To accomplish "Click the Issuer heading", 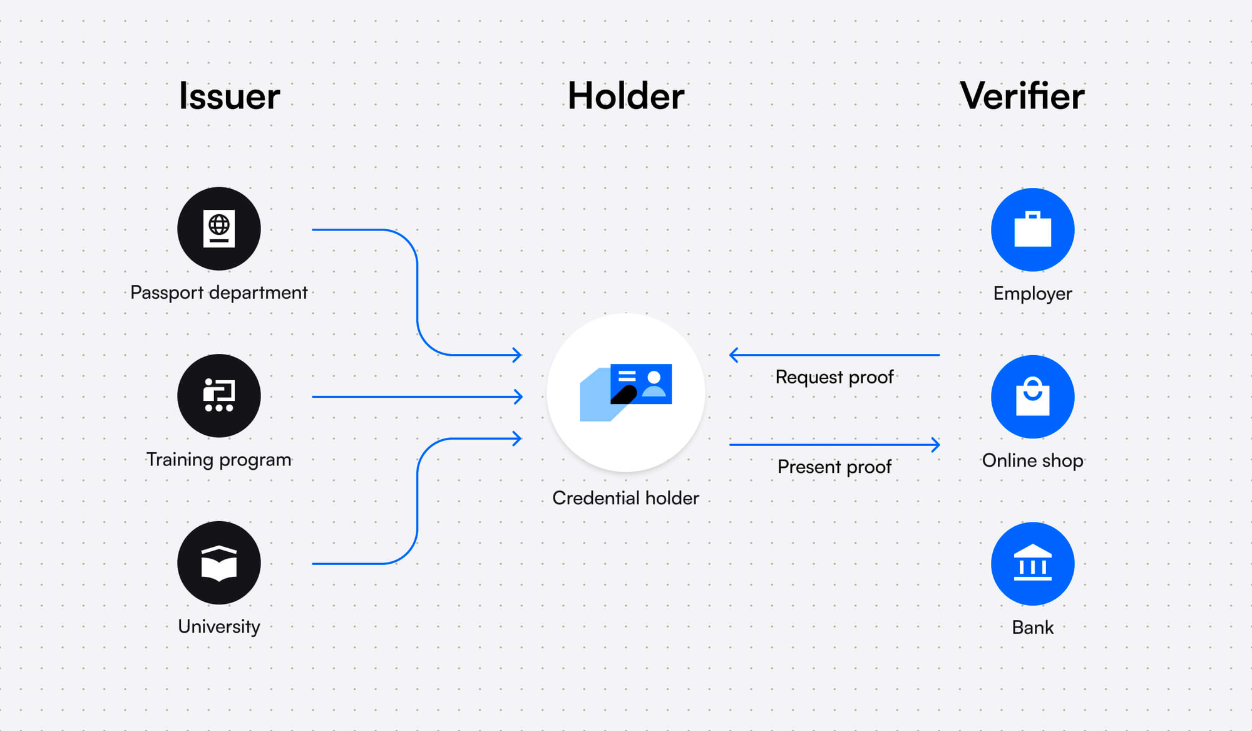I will pyautogui.click(x=229, y=96).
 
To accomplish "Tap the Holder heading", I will pyautogui.click(x=625, y=96).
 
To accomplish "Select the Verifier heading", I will pyautogui.click(x=1022, y=96).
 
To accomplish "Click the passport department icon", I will pyautogui.click(x=219, y=229).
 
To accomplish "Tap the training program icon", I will pyautogui.click(x=219, y=396).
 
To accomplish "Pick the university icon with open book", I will pyautogui.click(x=219, y=563).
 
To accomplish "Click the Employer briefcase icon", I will pyautogui.click(x=1032, y=230).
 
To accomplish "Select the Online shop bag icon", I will pyautogui.click(x=1032, y=397).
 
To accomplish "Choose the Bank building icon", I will pyautogui.click(x=1032, y=564).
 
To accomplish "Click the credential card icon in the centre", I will pyautogui.click(x=626, y=392).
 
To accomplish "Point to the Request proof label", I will pyautogui.click(x=834, y=377).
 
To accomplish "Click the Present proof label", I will pyautogui.click(x=834, y=467).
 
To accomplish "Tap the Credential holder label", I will pyautogui.click(x=625, y=498).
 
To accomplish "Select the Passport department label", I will pyautogui.click(x=219, y=293).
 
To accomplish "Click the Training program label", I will pyautogui.click(x=219, y=460).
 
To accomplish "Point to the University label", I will pyautogui.click(x=219, y=626).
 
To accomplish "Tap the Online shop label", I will pyautogui.click(x=1032, y=460).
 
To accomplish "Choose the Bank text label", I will pyautogui.click(x=1032, y=628).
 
